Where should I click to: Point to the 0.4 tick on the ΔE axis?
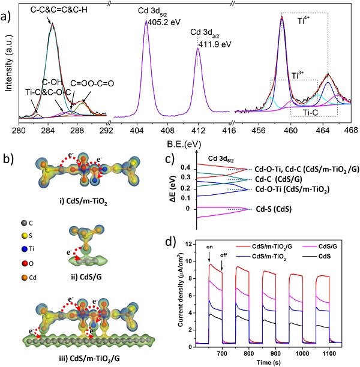(x=193, y=167)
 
